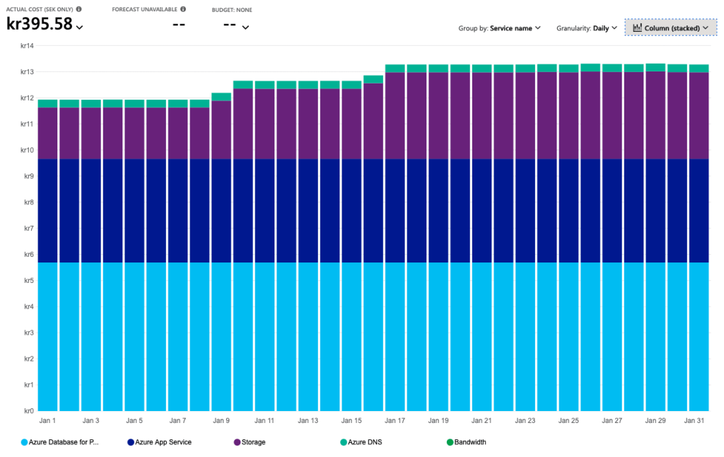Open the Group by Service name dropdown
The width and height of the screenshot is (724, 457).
[x=499, y=28]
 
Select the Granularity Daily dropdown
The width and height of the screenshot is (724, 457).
[x=587, y=28]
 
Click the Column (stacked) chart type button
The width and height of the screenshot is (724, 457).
[x=670, y=28]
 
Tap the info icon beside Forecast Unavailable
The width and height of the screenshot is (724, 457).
[x=183, y=9]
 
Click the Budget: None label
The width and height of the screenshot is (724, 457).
[x=232, y=10]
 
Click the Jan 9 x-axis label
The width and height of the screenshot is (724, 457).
[x=221, y=420]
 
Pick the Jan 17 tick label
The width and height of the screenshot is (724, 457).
[x=395, y=420]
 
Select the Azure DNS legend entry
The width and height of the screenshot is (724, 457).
[x=363, y=442]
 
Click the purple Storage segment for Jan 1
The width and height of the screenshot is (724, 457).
[x=47, y=133]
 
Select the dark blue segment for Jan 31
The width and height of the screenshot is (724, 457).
[x=699, y=211]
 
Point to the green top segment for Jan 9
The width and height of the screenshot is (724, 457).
[x=221, y=97]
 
